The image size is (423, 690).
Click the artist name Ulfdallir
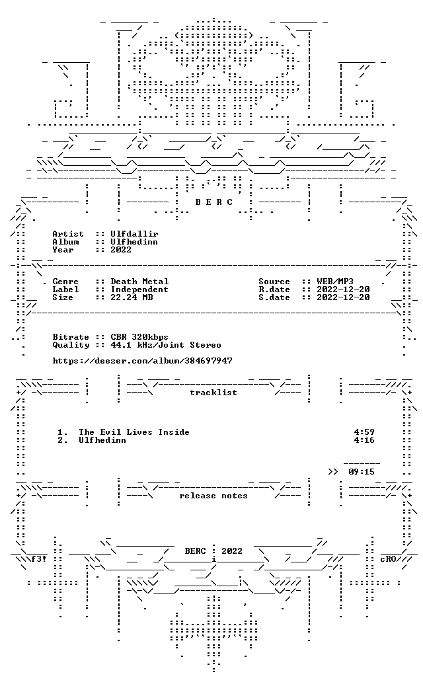pos(134,234)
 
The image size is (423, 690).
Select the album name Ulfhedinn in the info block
pos(134,242)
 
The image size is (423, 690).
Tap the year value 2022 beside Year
pos(121,250)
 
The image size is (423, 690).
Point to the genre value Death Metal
pos(139,281)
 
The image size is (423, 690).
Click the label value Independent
pos(139,289)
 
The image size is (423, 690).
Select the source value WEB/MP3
pos(335,281)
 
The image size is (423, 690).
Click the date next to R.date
pos(343,289)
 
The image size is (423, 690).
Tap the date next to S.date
pos(343,297)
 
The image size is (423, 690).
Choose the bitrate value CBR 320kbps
pos(139,337)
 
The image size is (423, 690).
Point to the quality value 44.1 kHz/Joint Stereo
pos(166,345)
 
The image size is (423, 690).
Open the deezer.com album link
pos(142,361)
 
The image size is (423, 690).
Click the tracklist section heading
pos(213,393)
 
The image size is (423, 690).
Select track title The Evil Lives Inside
pos(134,432)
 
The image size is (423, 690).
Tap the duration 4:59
pos(364,432)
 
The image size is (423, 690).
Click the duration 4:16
pos(364,440)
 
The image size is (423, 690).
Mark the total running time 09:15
pos(362,472)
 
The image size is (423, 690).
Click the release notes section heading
pos(213,496)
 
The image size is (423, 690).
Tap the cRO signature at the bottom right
pos(388,559)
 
